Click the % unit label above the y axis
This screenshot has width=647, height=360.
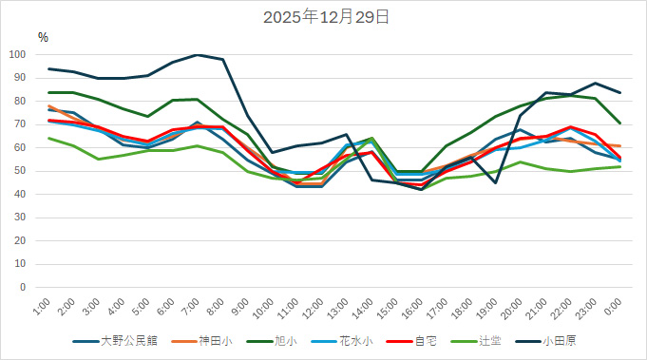pos(43,37)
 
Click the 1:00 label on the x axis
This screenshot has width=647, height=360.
pos(42,309)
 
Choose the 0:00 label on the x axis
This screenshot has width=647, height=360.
pos(613,309)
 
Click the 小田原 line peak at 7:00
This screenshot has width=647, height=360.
pos(198,55)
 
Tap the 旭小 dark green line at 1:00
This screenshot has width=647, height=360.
pos(49,92)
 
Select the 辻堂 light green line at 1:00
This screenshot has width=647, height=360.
pos(49,138)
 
